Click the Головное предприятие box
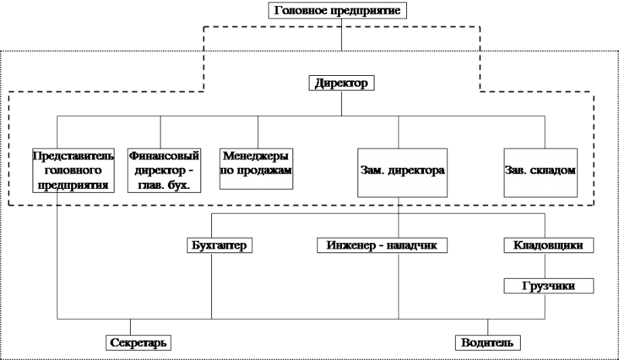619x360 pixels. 337,10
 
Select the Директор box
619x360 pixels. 341,83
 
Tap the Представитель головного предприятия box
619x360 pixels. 74,170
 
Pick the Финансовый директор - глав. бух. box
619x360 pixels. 164,170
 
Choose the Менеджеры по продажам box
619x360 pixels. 256,169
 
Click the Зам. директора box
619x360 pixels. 402,173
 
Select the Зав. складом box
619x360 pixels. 540,173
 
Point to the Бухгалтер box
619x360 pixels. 220,245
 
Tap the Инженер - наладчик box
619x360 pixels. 382,245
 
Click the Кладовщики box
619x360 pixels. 549,245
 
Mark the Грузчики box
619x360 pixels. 549,286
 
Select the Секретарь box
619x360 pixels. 139,343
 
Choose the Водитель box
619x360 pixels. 487,343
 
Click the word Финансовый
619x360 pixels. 164,156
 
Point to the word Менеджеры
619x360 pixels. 256,156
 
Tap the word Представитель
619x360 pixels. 74,156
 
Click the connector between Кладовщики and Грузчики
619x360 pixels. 545,266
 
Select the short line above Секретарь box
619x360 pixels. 130,327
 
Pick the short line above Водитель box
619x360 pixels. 487,327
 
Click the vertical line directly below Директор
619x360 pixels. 341,103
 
